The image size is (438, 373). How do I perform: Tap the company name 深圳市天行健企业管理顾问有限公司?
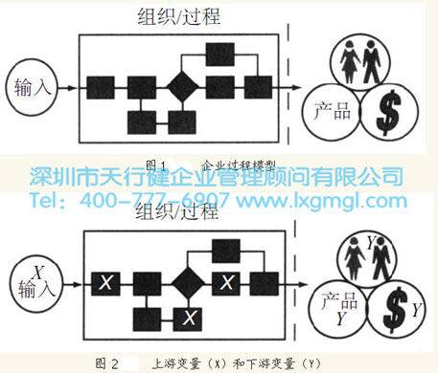tap(218, 177)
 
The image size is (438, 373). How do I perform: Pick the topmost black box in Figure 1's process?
tap(220, 55)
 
